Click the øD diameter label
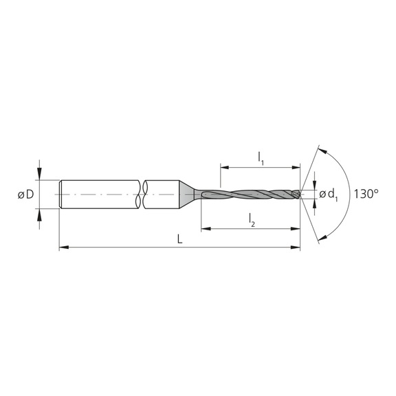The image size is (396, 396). point(24,195)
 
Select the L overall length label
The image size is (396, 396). point(179,239)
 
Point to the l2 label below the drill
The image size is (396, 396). point(252,220)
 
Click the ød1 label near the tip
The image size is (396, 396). point(328,195)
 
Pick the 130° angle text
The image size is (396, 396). point(366,195)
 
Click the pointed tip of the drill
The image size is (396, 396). point(300,195)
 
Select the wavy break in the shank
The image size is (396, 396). point(144,195)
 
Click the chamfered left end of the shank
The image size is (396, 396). point(61,195)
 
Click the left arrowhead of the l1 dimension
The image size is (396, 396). point(224,166)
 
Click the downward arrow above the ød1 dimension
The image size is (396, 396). point(314,185)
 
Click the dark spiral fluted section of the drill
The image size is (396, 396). point(254,195)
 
